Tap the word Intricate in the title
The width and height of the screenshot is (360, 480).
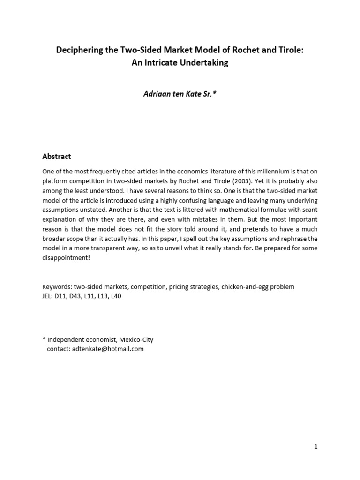tap(162, 62)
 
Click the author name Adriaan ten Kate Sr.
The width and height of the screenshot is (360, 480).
tap(180, 94)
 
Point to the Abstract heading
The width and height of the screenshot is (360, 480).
tap(57, 156)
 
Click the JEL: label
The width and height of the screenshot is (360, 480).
tap(48, 296)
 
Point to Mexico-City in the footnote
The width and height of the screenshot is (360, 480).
tap(136, 339)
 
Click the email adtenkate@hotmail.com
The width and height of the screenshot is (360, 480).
tap(108, 349)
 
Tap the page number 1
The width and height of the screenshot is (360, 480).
tap(316, 447)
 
